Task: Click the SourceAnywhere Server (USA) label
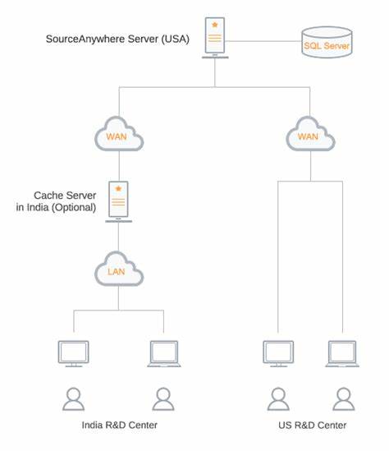(x=117, y=39)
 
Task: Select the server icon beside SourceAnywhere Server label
(x=215, y=38)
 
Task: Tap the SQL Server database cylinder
(x=327, y=42)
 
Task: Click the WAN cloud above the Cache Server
(x=119, y=134)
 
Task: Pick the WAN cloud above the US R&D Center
(x=310, y=134)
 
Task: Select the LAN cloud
(x=119, y=269)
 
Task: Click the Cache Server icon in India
(x=119, y=201)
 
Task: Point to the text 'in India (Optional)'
(x=56, y=207)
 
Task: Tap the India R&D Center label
(x=120, y=425)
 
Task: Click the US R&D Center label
(x=313, y=425)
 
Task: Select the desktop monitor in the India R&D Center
(x=74, y=353)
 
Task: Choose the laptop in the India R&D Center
(x=164, y=354)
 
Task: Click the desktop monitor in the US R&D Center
(x=278, y=353)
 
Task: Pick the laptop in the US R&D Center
(x=342, y=354)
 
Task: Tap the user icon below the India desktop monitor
(x=74, y=398)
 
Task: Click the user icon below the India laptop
(x=163, y=398)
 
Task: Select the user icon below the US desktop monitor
(x=278, y=398)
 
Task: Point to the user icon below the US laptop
(x=344, y=398)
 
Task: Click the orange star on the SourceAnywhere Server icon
(x=215, y=25)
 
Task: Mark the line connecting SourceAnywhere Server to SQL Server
(x=263, y=41)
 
